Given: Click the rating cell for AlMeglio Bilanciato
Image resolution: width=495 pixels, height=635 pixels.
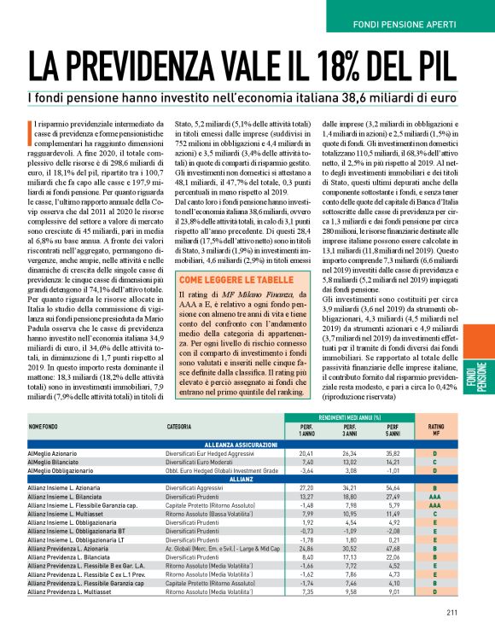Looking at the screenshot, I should pyautogui.click(x=435, y=461).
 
